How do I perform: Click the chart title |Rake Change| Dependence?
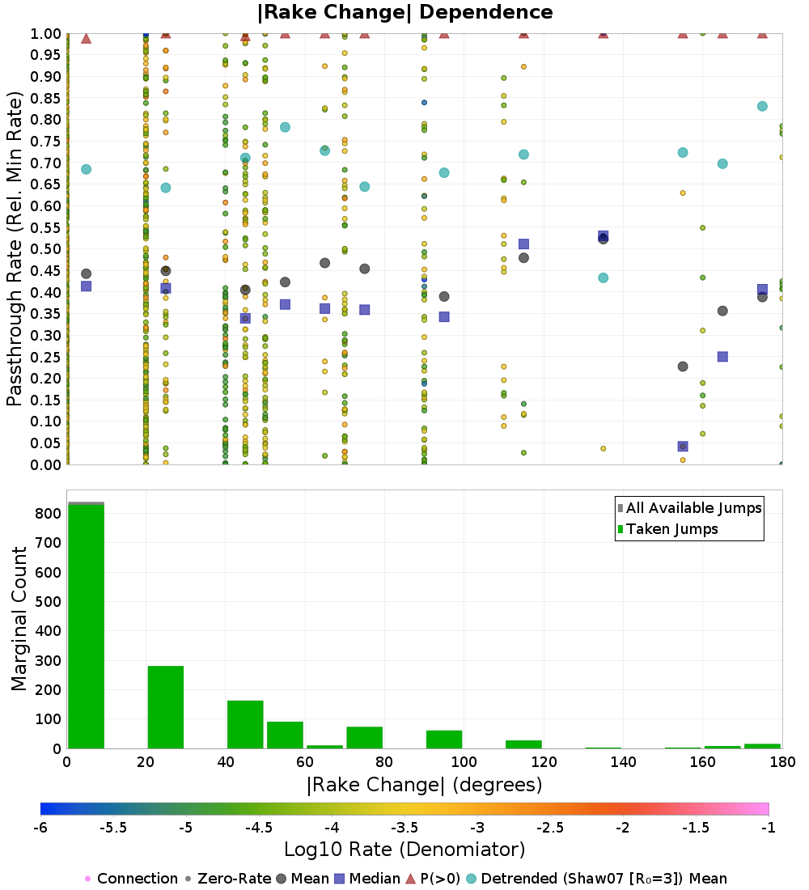click(404, 13)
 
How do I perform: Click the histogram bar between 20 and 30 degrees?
click(165, 707)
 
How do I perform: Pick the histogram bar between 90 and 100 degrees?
click(444, 740)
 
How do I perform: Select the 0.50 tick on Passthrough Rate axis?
click(46, 248)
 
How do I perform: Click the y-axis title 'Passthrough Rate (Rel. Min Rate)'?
click(15, 248)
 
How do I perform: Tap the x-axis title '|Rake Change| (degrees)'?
click(424, 785)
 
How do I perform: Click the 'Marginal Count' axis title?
click(19, 619)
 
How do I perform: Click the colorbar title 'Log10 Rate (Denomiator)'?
click(404, 850)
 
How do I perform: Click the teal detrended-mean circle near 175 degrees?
click(762, 106)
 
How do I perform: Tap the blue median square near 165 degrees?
click(722, 356)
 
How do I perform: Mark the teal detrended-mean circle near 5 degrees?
click(86, 169)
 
